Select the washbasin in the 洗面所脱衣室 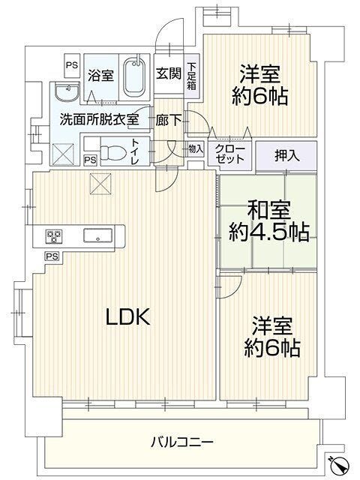67,91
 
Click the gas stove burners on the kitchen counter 54,236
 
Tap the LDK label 127,316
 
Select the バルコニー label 181,442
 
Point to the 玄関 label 169,73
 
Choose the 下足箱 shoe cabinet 192,76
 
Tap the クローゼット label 230,154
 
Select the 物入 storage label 196,149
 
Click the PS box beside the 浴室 72,65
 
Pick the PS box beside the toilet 91,160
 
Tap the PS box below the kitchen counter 52,256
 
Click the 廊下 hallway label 168,120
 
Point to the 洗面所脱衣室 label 99,119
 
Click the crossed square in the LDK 100,184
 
